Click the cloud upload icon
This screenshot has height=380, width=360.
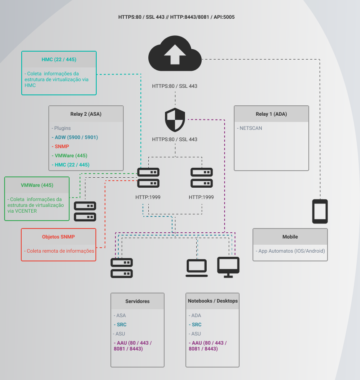pos(175,52)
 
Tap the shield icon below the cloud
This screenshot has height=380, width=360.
pos(175,120)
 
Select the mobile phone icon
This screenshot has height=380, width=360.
pos(320,211)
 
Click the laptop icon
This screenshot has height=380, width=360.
pos(197,268)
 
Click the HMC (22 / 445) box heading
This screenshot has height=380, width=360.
pos(59,60)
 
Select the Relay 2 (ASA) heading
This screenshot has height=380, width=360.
pos(86,114)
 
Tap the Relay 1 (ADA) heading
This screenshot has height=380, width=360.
pos(271,114)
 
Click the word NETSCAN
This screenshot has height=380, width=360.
pos(251,128)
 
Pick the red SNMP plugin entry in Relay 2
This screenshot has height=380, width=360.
pos(62,147)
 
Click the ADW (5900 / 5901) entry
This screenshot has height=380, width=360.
pos(76,137)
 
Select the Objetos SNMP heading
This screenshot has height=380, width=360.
pos(58,237)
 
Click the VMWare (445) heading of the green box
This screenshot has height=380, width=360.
pos(37,185)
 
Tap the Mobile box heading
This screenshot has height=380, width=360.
pos(290,237)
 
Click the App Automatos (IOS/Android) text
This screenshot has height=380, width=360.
pos(291,251)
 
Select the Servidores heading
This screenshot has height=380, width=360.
pos(137,301)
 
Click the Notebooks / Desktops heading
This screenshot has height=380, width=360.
pos(212,301)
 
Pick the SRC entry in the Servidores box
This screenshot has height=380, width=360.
pos(121,325)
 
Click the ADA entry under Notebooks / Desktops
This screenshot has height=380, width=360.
pos(196,315)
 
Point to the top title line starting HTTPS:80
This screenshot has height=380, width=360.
pos(179,17)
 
